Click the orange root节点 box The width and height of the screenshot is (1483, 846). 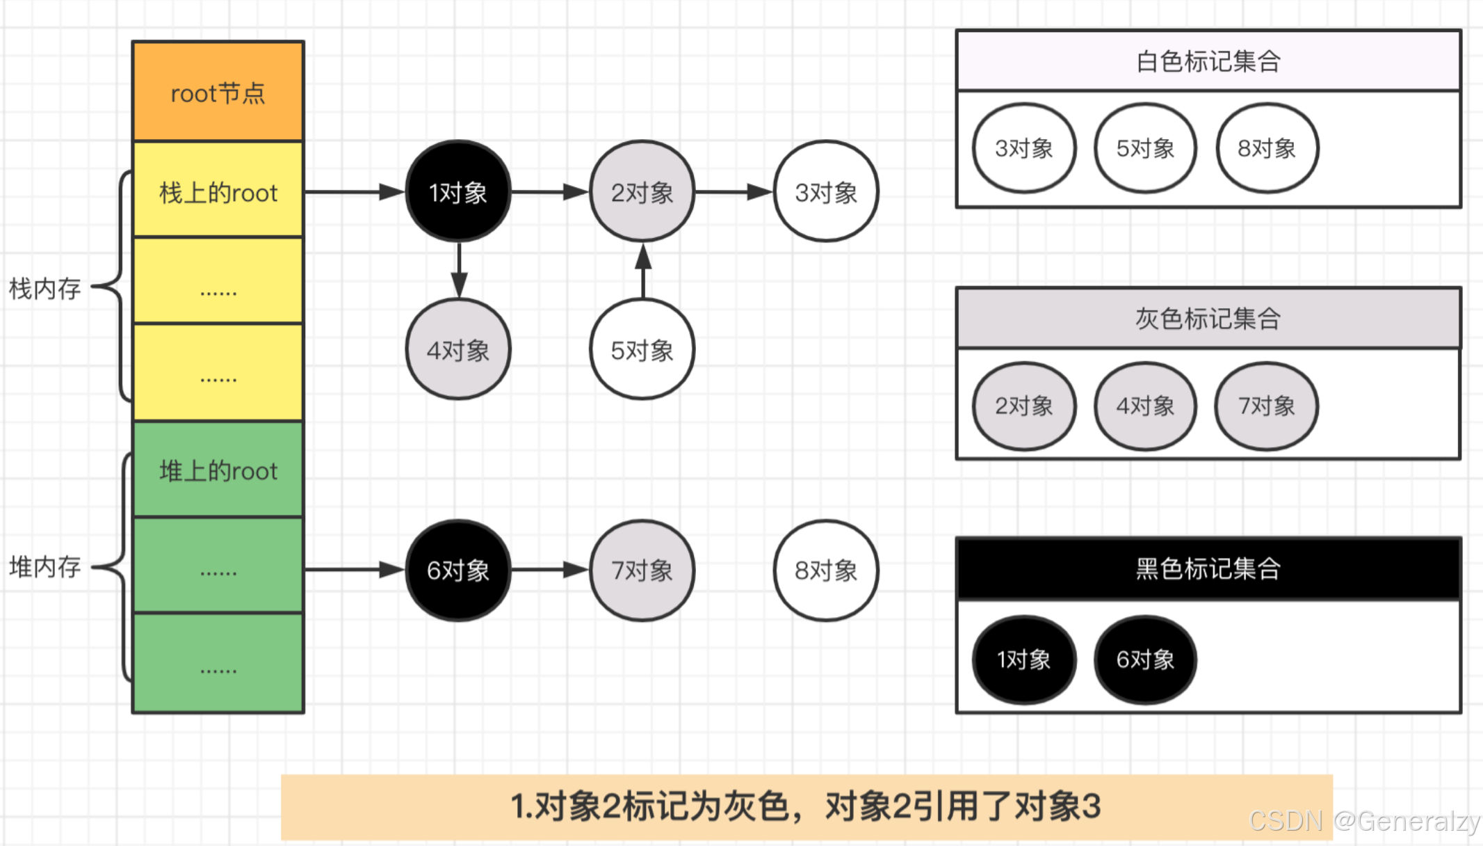tap(218, 92)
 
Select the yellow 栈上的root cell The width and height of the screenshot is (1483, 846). tap(218, 191)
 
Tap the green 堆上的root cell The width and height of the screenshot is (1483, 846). tap(218, 470)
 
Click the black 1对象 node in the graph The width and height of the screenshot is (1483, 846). tap(457, 191)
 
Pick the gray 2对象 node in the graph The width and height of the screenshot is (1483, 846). tap(642, 191)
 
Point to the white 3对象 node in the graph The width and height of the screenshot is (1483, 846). tap(826, 191)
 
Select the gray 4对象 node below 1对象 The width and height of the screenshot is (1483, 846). tap(457, 349)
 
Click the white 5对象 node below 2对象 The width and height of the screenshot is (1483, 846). tap(642, 349)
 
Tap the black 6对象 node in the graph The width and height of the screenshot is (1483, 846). tap(457, 570)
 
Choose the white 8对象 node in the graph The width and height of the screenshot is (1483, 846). tap(826, 570)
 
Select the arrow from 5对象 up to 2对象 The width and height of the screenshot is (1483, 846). tap(643, 271)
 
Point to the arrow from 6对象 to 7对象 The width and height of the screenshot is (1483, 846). tap(549, 570)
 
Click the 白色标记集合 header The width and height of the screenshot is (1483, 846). tap(1208, 61)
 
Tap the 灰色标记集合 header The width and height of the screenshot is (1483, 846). tap(1208, 319)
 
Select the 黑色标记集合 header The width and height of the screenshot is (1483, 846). tap(1208, 568)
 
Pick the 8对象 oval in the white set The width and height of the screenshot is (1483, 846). tap(1267, 148)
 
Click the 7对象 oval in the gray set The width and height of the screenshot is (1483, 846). tap(1266, 406)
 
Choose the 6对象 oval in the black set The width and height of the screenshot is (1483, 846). tap(1145, 659)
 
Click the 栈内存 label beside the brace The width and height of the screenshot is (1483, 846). tap(45, 288)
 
